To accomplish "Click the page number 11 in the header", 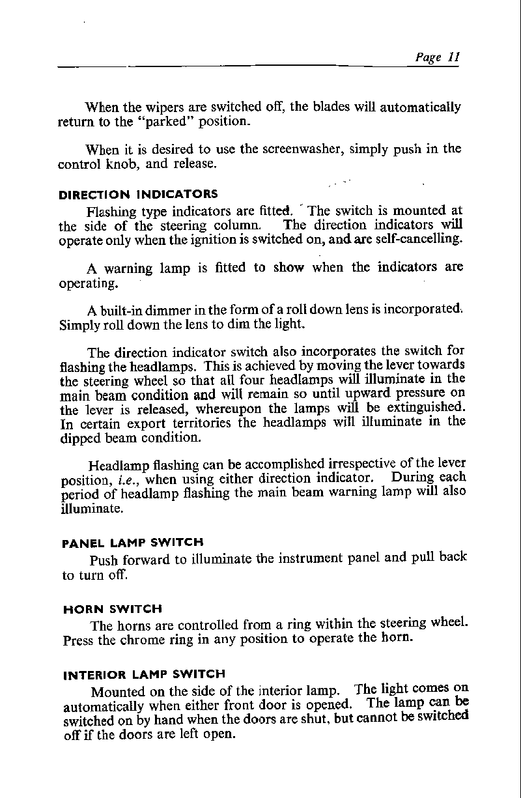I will click(x=453, y=57).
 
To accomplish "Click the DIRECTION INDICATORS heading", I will click(x=138, y=194).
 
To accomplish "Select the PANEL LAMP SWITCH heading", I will click(x=132, y=542).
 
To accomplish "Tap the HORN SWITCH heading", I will click(x=112, y=609).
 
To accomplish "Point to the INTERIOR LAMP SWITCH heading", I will click(x=143, y=675).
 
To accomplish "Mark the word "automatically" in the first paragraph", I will click(x=422, y=106).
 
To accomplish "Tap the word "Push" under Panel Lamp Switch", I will click(x=103, y=560).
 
